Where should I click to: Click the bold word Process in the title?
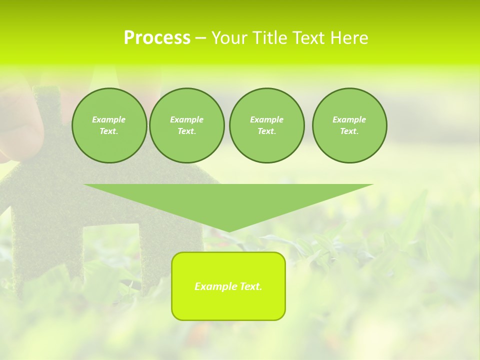pos(157,38)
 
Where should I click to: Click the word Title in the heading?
pos(269,38)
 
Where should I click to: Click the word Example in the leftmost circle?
pos(109,119)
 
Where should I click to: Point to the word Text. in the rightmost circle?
pos(349,131)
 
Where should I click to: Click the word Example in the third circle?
pos(266,119)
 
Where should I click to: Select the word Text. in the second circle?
pos(187,131)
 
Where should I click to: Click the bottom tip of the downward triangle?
pos(228,231)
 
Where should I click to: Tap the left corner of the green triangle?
pos(85,185)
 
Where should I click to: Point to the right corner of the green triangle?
pos(371,185)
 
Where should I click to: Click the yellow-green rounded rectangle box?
pos(228,305)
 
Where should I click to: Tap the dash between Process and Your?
pos(200,38)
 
